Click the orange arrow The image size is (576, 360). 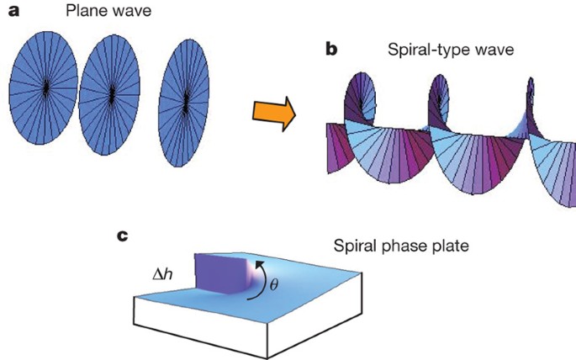pos(273,111)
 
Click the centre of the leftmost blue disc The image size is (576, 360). pos(45,87)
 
